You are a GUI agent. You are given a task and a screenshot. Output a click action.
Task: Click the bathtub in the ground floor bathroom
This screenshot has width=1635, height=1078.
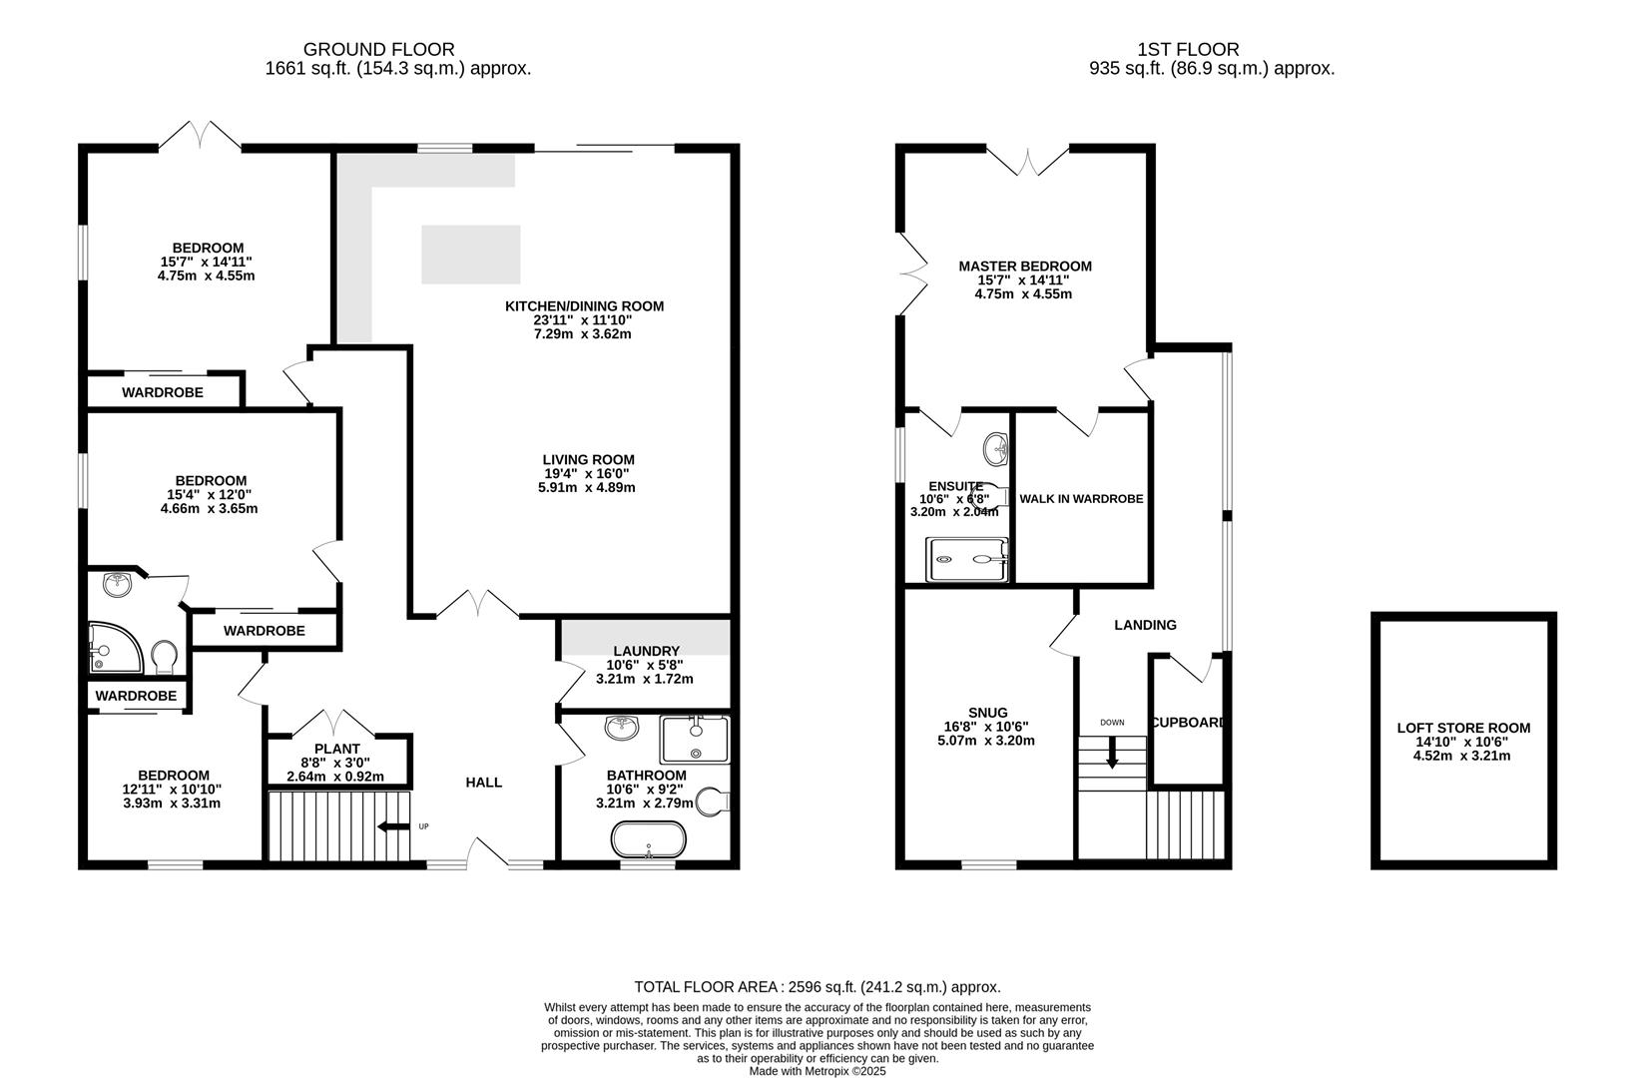pos(649,839)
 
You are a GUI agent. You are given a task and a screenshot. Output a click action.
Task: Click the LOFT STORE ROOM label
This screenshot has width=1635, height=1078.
pos(1462,729)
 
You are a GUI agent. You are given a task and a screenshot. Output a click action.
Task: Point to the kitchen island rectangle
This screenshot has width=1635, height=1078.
pos(471,255)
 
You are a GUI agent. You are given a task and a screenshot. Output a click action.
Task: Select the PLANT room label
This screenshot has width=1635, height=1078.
pos(336,749)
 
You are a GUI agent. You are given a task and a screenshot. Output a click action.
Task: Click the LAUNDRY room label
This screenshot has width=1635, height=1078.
pos(646,651)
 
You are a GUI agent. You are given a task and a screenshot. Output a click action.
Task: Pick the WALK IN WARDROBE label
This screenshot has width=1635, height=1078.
pos(1081,498)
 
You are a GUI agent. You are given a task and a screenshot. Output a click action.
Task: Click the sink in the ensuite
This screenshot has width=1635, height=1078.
pos(995,449)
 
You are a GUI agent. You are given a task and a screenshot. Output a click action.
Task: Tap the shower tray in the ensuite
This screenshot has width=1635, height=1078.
pos(967,560)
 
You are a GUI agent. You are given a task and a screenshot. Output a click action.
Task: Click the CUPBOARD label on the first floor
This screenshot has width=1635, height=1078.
pos(1188,722)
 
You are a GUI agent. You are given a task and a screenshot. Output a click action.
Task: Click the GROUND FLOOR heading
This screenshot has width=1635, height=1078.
pos(378,49)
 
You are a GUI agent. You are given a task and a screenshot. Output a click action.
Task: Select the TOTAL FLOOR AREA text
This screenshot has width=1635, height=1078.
pos(817,986)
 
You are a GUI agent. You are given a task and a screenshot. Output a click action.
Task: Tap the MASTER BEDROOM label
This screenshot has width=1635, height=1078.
pos(1024,267)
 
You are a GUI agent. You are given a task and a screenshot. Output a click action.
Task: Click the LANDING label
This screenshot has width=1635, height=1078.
pos(1145,625)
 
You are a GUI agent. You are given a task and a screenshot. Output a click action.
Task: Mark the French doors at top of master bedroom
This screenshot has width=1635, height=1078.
pos(1027,158)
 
